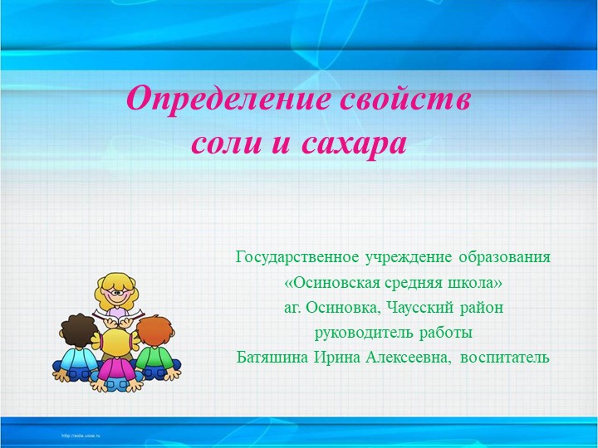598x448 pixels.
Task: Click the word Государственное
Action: (x=301, y=257)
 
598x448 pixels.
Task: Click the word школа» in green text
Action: (x=475, y=283)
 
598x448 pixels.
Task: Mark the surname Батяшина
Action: (x=273, y=358)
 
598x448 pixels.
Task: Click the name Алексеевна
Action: (x=401, y=358)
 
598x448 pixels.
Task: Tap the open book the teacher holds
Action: (x=117, y=318)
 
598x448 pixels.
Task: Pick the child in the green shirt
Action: (x=155, y=348)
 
